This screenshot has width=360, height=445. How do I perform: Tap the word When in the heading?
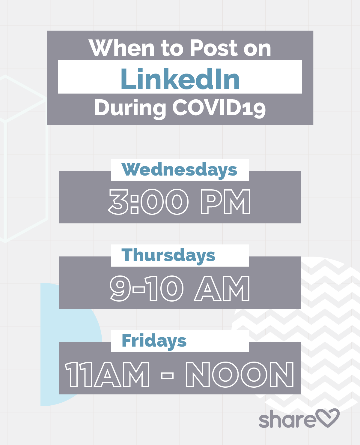coord(121,48)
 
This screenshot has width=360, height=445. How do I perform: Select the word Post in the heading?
coord(214,48)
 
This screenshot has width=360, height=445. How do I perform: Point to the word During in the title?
coord(130,109)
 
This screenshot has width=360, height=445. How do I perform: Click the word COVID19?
coord(219,108)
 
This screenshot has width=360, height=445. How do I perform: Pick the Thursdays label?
coord(168,256)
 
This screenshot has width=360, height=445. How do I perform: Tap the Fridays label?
coord(154,341)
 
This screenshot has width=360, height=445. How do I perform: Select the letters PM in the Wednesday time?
coord(225,202)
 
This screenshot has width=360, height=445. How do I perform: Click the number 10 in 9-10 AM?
coord(165,288)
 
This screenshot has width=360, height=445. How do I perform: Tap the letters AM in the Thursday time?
coord(222,289)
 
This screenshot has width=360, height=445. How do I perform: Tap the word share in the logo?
coord(287,419)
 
